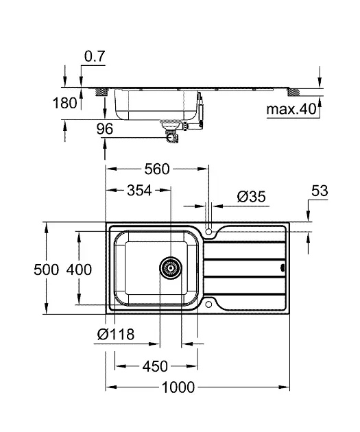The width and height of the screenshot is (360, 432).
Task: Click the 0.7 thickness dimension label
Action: pos(95,56)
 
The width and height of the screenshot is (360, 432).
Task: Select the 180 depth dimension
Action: pos(64,104)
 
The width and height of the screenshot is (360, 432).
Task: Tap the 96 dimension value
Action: pos(105,129)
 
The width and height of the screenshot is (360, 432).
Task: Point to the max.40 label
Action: pos(291,109)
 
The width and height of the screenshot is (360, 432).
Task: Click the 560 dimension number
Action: pos(157,169)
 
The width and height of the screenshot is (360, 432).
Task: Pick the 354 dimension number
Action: pos(139,190)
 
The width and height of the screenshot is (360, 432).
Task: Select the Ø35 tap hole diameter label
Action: pos(251,197)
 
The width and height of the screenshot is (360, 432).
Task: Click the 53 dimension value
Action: pos(320,191)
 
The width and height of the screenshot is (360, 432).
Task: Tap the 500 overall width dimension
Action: pos(46,269)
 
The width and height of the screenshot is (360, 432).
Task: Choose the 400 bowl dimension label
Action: pos(79,269)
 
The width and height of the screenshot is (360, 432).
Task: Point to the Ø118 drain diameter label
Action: pos(116,334)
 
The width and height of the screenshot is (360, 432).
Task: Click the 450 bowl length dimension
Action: pos(155,366)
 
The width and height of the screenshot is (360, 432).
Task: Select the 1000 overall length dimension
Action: pos(178,387)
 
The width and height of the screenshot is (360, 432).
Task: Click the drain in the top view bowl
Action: pos(171,268)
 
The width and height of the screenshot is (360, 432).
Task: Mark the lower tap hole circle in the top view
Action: pos(208,304)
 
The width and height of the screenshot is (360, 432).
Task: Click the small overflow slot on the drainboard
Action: pos(282,267)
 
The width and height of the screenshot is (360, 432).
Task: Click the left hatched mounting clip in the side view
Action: pos(101,92)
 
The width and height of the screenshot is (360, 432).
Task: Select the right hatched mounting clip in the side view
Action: pos(293,92)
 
